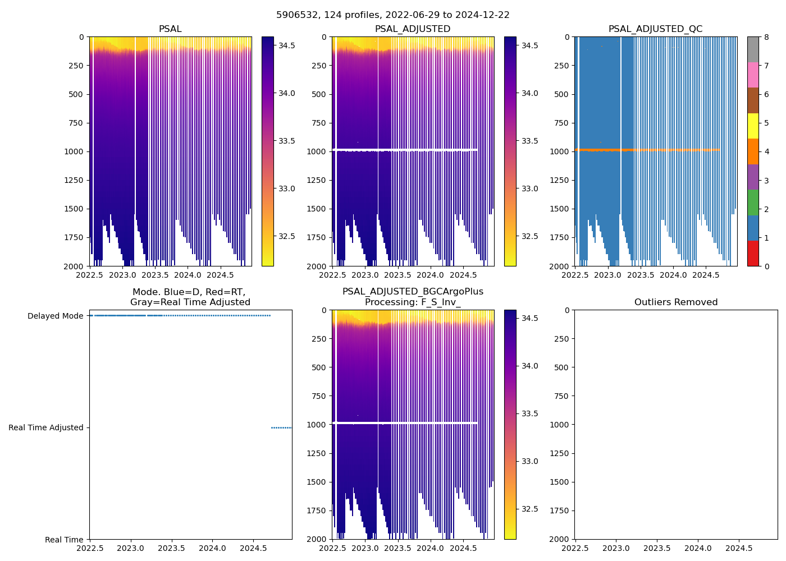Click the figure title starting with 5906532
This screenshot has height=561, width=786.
[392, 15]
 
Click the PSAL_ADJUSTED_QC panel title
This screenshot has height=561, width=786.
[655, 29]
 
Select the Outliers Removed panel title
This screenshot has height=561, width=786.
[675, 302]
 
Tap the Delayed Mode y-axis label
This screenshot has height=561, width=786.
[55, 316]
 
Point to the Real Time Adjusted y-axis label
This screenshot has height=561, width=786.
[45, 427]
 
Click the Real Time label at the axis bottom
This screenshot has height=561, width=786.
[64, 540]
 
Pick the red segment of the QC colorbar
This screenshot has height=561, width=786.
[753, 254]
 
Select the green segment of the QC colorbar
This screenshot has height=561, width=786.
[753, 202]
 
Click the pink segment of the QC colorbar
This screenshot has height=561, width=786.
[753, 75]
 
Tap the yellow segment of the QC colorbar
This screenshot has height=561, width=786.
[753, 126]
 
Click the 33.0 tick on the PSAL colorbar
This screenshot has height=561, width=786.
[287, 188]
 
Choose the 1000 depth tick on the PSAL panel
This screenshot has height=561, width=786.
[74, 151]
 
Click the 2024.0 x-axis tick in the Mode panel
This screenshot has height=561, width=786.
[212, 548]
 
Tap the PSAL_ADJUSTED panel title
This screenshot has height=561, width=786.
[413, 29]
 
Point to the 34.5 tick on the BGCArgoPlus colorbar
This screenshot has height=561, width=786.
[529, 318]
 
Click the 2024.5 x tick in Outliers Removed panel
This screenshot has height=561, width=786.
[739, 548]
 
